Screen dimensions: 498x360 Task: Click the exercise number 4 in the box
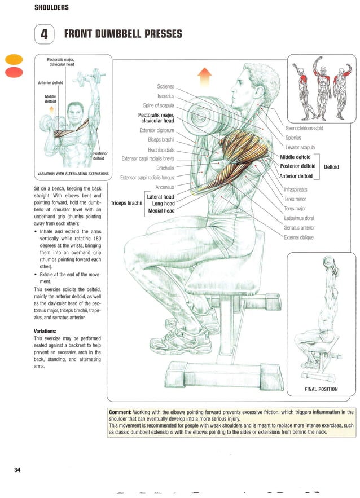click(x=44, y=34)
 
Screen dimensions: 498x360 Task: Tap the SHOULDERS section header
click(x=51, y=7)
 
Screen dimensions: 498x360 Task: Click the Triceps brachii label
click(x=126, y=203)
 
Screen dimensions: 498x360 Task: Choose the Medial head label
click(x=161, y=211)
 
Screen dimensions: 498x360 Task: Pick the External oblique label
click(x=298, y=237)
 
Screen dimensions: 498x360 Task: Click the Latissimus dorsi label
click(x=299, y=218)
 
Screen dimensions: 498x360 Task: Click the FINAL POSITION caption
click(x=321, y=389)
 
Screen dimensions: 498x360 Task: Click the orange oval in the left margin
click(x=14, y=59)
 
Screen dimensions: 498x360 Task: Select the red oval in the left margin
click(x=14, y=72)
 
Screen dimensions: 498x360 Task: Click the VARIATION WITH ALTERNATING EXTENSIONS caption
click(x=73, y=174)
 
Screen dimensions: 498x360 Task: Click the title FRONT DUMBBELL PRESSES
click(x=123, y=34)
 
